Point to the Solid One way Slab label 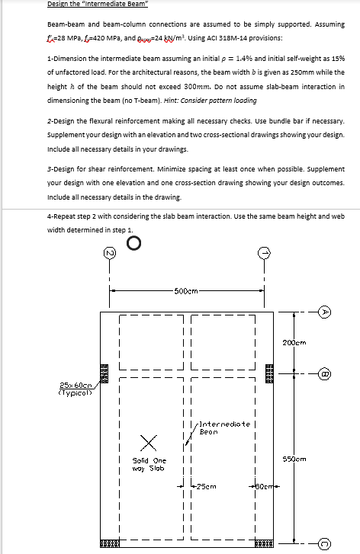point(149,463)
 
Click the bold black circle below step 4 point(135,243)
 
